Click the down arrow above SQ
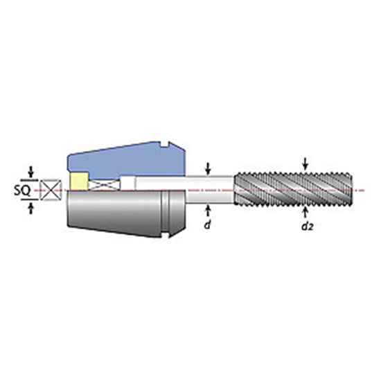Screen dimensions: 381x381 click(30, 170)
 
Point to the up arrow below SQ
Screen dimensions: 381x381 click(30, 207)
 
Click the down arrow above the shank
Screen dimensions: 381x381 click(208, 167)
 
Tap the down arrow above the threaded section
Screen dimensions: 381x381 click(305, 161)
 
